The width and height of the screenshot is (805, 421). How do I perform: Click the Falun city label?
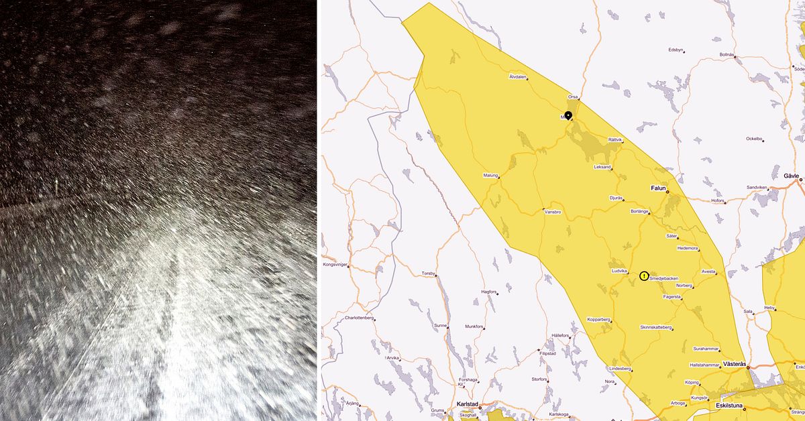point(658,188)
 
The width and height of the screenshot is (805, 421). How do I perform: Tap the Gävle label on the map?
point(791,176)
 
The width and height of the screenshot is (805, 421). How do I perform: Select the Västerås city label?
point(735,363)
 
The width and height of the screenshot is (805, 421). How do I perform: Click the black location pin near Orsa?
point(568,115)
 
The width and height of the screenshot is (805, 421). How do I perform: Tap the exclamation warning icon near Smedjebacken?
point(644,276)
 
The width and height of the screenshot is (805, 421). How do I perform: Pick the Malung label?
point(491,176)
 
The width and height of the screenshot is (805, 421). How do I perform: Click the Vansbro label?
point(552,212)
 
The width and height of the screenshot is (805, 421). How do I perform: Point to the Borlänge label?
point(639,211)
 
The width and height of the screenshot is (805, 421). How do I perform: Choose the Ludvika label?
point(619,271)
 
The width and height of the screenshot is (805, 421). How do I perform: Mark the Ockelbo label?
point(755,139)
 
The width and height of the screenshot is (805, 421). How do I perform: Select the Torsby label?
point(428,274)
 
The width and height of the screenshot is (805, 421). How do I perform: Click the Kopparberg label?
point(598,319)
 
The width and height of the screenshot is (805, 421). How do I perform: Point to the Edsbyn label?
point(676,50)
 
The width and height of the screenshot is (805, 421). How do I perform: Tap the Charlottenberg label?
point(358,317)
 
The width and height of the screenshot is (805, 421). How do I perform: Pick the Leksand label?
point(602,167)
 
